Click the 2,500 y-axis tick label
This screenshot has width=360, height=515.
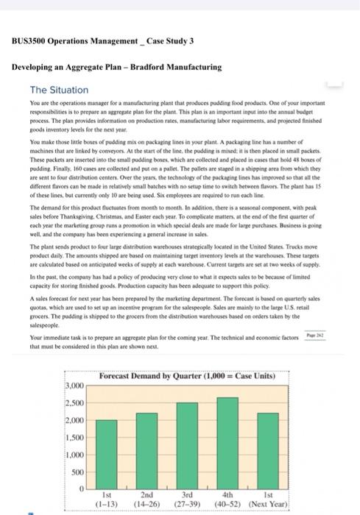(x=75, y=403)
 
